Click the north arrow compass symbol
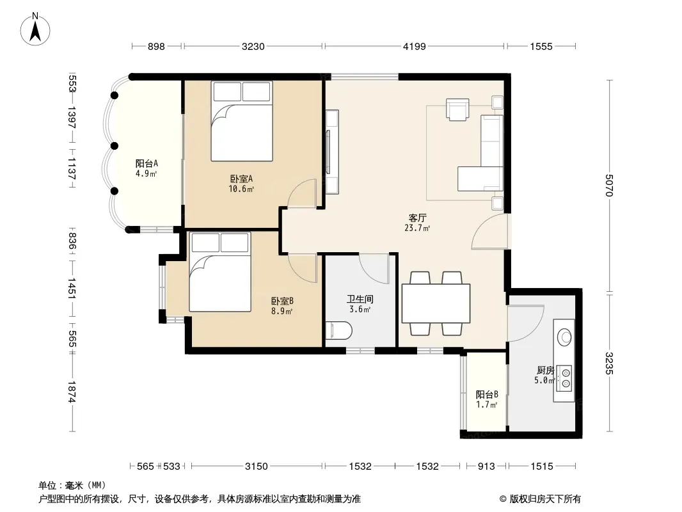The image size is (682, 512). coord(35,29)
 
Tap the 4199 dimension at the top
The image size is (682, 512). coord(414,46)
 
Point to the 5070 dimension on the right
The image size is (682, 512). coord(609,186)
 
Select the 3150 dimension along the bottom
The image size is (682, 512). coord(256,467)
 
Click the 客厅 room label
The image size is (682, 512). coord(417,218)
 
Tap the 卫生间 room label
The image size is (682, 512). coord(360,300)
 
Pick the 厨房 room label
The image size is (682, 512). coord(546,370)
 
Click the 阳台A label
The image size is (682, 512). coord(147,164)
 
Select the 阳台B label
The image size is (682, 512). coord(487,394)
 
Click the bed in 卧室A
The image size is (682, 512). coord(242,121)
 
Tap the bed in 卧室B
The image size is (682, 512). coord(220,271)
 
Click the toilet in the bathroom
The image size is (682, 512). coord(338,331)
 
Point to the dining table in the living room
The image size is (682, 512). coord(436,303)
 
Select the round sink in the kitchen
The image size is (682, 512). coord(566,337)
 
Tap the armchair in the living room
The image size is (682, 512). coord(457,109)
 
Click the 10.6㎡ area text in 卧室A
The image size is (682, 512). coord(241,189)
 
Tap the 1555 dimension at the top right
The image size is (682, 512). coord(541,46)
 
